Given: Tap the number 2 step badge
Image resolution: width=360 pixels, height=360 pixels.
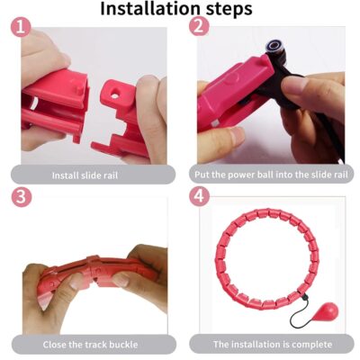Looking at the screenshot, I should point(199,27).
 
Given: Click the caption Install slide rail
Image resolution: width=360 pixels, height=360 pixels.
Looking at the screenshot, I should point(85,175).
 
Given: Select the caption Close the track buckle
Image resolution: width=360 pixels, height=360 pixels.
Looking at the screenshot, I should point(85,344).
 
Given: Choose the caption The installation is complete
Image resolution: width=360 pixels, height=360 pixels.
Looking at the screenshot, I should point(271,344).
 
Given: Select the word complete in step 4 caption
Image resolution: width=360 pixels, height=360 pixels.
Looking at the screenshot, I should point(310,344).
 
